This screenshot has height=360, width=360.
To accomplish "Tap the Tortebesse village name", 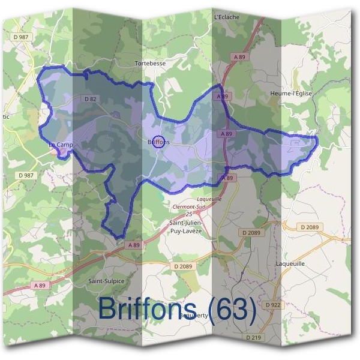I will [149, 62].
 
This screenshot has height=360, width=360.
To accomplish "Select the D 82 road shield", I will [91, 99].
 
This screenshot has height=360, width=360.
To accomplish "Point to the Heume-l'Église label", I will [291, 94].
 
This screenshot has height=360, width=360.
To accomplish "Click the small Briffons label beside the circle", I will [159, 142].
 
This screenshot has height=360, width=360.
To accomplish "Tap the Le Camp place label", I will [61, 145].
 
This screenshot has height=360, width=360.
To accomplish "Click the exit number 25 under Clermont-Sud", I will [189, 214].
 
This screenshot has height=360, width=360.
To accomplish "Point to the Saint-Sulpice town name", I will [106, 280].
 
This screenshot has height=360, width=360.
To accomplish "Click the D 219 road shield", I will [254, 338].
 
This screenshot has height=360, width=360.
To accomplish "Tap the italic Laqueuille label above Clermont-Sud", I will [209, 199].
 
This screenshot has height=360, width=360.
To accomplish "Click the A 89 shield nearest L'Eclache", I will [240, 57].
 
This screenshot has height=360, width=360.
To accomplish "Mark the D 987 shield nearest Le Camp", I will [26, 175].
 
